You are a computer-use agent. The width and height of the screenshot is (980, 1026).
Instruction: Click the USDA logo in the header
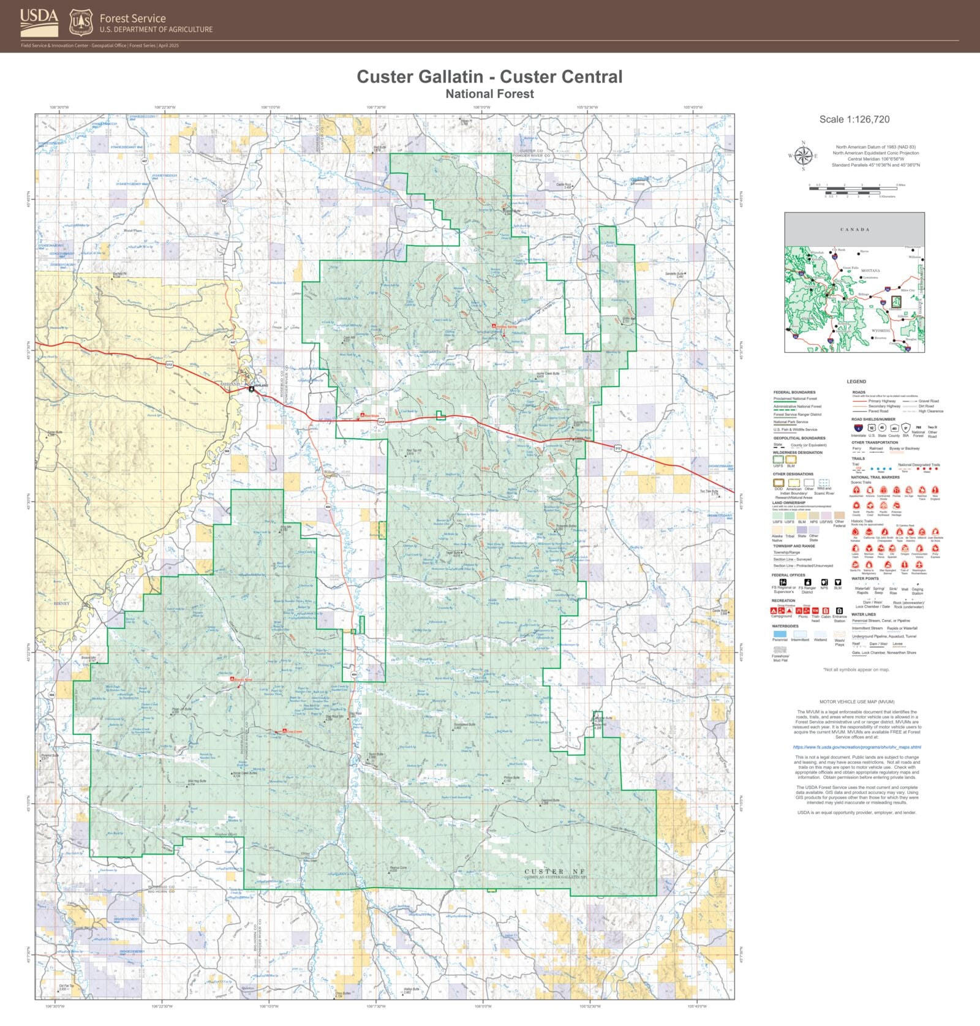tap(39, 23)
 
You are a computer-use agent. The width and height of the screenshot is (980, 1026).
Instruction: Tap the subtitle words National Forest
tap(489, 94)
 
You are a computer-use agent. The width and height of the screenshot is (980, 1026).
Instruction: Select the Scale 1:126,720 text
tap(854, 119)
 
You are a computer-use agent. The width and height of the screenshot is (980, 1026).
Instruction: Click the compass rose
tap(803, 156)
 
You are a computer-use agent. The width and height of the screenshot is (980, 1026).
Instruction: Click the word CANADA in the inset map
tap(854, 230)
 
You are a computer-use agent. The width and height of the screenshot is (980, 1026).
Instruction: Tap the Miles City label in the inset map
tap(908, 290)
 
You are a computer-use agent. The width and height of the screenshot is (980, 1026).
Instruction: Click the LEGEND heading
tap(856, 382)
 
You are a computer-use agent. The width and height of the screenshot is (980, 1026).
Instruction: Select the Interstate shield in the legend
tap(858, 428)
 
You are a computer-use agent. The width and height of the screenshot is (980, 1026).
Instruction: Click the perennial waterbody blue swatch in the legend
tap(780, 634)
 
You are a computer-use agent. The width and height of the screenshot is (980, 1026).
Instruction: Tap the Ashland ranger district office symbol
tap(251, 389)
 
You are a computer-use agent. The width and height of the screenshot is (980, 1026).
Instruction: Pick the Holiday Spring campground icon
tap(494, 326)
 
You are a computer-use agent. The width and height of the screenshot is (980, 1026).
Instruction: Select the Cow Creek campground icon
tap(284, 731)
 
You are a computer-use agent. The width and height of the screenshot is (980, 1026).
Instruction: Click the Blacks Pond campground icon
tap(232, 680)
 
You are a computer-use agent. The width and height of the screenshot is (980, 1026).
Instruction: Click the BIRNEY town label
tap(62, 603)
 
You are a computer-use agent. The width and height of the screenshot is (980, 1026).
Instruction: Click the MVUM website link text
tap(857, 747)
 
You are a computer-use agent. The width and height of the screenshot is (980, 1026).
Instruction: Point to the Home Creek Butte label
tap(548, 374)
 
